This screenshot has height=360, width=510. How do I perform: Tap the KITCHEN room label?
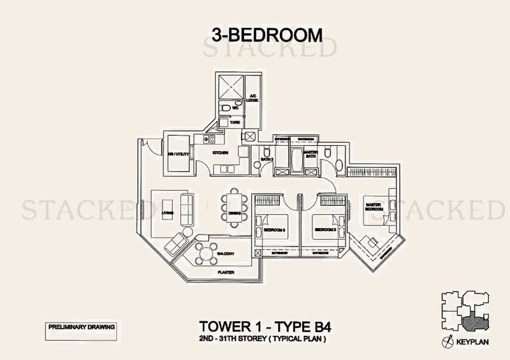click(x=220, y=153)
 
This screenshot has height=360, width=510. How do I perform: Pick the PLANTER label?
click(x=226, y=272)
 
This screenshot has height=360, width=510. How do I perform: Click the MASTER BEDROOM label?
click(x=373, y=207)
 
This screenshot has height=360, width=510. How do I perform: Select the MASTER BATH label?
click(x=310, y=154)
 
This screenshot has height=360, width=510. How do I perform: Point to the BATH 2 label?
click(x=266, y=159)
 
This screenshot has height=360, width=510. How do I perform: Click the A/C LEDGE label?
click(x=252, y=97)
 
